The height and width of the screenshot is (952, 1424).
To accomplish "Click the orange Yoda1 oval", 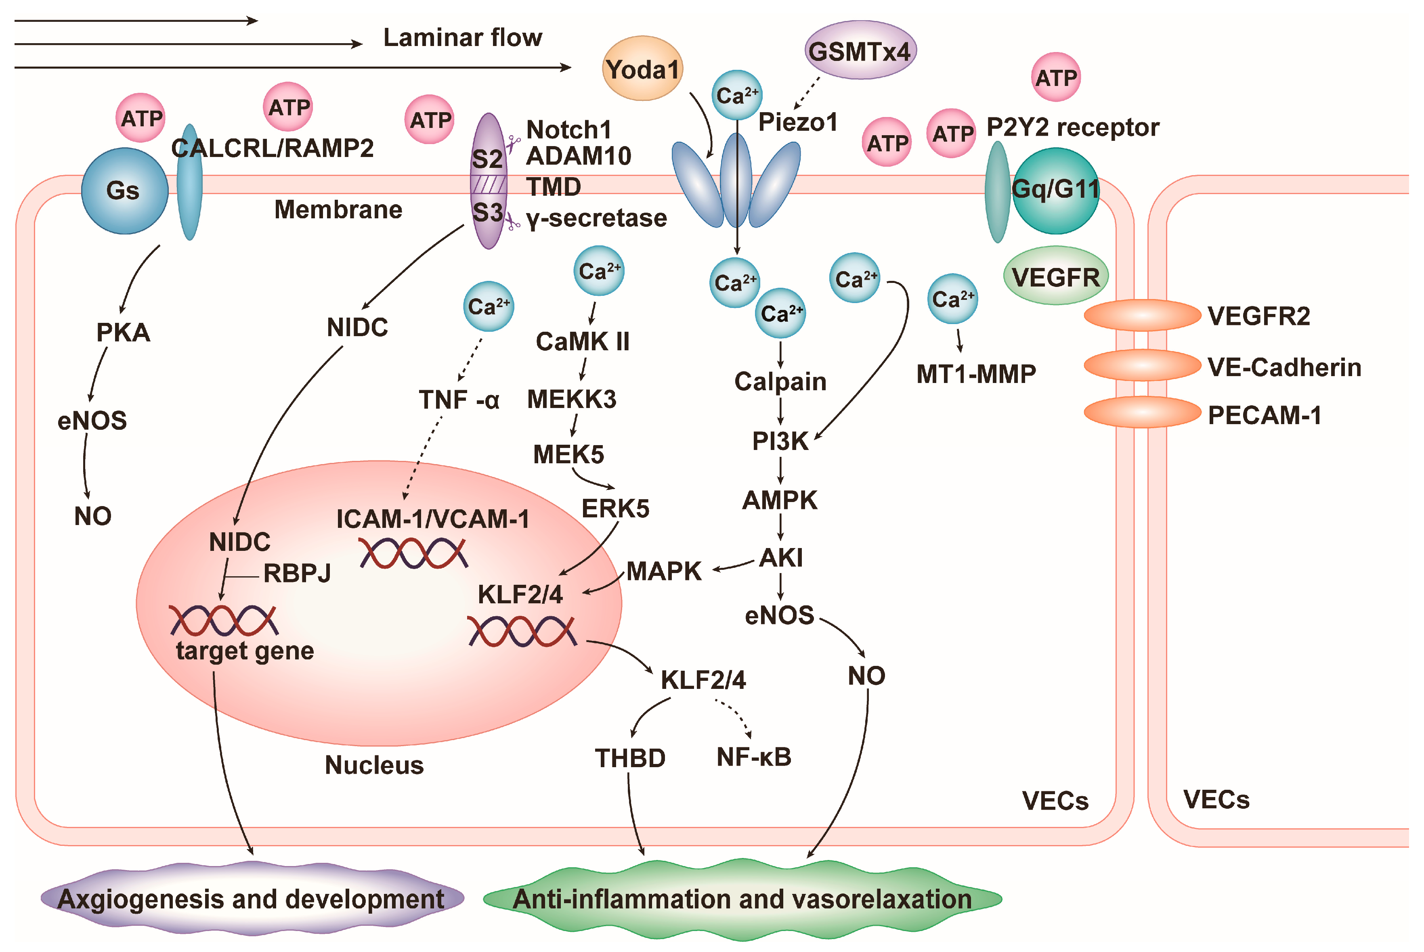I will point(642,69).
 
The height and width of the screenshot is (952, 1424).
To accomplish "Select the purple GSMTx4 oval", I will point(860,51).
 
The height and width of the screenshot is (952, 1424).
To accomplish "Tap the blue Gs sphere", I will point(124,190).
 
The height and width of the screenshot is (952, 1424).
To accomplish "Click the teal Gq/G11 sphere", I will point(1055,190).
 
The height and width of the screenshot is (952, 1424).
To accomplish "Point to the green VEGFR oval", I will point(1055,277).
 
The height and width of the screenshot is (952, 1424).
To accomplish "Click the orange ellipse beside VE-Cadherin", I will point(1142,366).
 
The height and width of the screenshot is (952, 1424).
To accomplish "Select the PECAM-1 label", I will point(1264,415).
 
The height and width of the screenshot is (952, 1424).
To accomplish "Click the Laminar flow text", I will point(463,38).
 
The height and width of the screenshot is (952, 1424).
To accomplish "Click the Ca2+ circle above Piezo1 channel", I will point(736,95).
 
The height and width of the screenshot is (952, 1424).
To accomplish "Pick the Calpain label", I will point(780,382).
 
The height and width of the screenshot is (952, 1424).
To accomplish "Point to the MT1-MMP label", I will point(976,374).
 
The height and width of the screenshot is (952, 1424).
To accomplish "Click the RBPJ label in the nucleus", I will point(297,573).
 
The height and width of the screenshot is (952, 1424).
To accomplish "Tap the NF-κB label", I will point(754,757).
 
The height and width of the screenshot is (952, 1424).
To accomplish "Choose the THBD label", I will point(630,758).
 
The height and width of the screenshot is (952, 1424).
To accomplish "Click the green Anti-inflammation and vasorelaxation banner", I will point(742,899).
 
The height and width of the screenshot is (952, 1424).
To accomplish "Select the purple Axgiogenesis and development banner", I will point(252,899).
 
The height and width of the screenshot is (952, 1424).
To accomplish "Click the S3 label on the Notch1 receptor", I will point(488,213).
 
